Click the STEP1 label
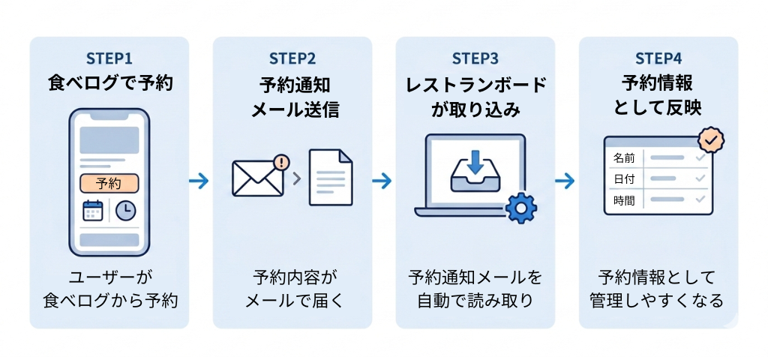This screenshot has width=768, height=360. click(x=109, y=58)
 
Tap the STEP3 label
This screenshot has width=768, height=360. click(x=475, y=58)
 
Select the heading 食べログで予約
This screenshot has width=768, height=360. click(x=109, y=82)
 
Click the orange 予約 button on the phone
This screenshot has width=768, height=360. click(x=109, y=183)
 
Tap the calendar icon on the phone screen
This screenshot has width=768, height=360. click(x=93, y=211)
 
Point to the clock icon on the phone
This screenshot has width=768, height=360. click(x=125, y=211)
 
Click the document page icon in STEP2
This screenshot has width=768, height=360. click(x=331, y=178)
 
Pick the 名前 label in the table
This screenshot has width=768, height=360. click(x=623, y=158)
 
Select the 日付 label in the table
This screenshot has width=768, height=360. click(x=623, y=179)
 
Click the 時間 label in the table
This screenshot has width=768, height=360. click(x=623, y=200)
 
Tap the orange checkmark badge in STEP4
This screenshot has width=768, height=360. click(x=710, y=139)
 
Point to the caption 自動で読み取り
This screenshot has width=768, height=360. click(x=475, y=301)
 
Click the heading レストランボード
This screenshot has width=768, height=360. click(x=475, y=84)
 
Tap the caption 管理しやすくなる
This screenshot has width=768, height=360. click(x=658, y=301)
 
